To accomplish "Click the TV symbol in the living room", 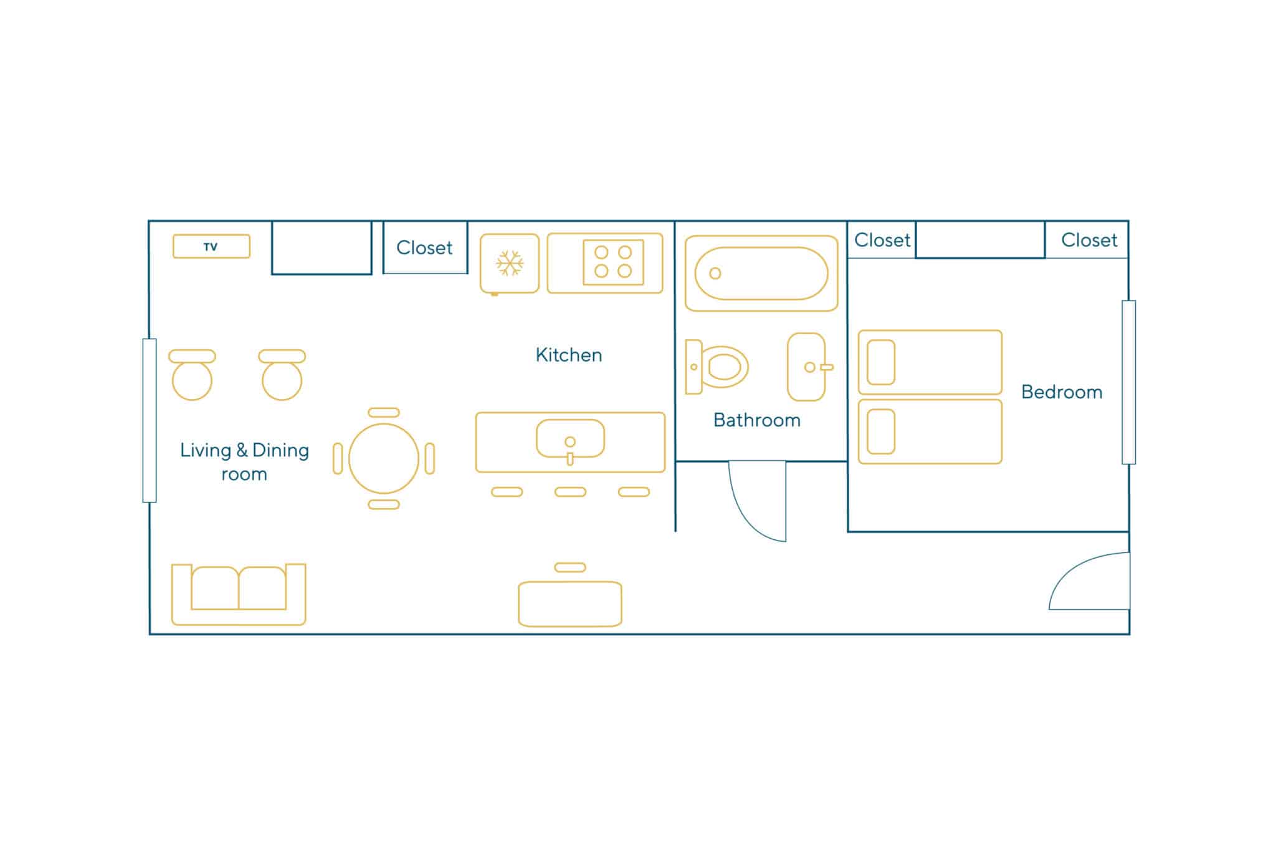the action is pyautogui.click(x=211, y=246).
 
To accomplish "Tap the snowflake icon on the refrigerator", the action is pyautogui.click(x=510, y=263).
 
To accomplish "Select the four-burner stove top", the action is pyautogui.click(x=613, y=262).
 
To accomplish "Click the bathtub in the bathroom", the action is pyautogui.click(x=761, y=273).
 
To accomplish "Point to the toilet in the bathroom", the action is pyautogui.click(x=717, y=367).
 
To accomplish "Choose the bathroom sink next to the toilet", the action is pyautogui.click(x=807, y=367).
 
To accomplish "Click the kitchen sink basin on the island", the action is pyautogui.click(x=570, y=439).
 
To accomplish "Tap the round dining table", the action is pyautogui.click(x=384, y=458).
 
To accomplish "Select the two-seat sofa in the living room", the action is pyautogui.click(x=239, y=594).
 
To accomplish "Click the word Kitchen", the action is pyautogui.click(x=569, y=355).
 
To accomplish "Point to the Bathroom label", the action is pyautogui.click(x=757, y=420).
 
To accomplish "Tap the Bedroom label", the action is pyautogui.click(x=1062, y=392).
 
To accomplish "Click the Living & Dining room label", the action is pyautogui.click(x=244, y=462).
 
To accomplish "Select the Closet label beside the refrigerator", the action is pyautogui.click(x=424, y=248).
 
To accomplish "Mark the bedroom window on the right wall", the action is pyautogui.click(x=1129, y=382).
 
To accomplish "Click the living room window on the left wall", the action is pyautogui.click(x=150, y=420).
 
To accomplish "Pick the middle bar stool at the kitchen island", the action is pyautogui.click(x=570, y=492).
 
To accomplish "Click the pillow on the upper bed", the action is pyautogui.click(x=881, y=362).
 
